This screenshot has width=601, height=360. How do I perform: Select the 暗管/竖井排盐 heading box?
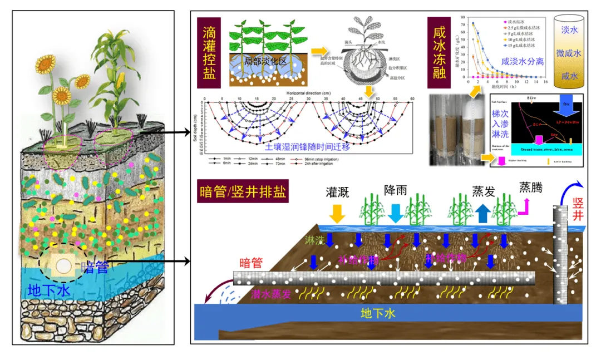pyautogui.click(x=243, y=193)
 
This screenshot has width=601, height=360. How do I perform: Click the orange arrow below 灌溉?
pyautogui.click(x=337, y=213)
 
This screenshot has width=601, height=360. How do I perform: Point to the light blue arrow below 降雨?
pyautogui.click(x=395, y=212)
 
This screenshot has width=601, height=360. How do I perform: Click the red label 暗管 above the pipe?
pyautogui.click(x=250, y=263)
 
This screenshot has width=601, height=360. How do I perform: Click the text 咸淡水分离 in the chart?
pyautogui.click(x=521, y=62)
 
